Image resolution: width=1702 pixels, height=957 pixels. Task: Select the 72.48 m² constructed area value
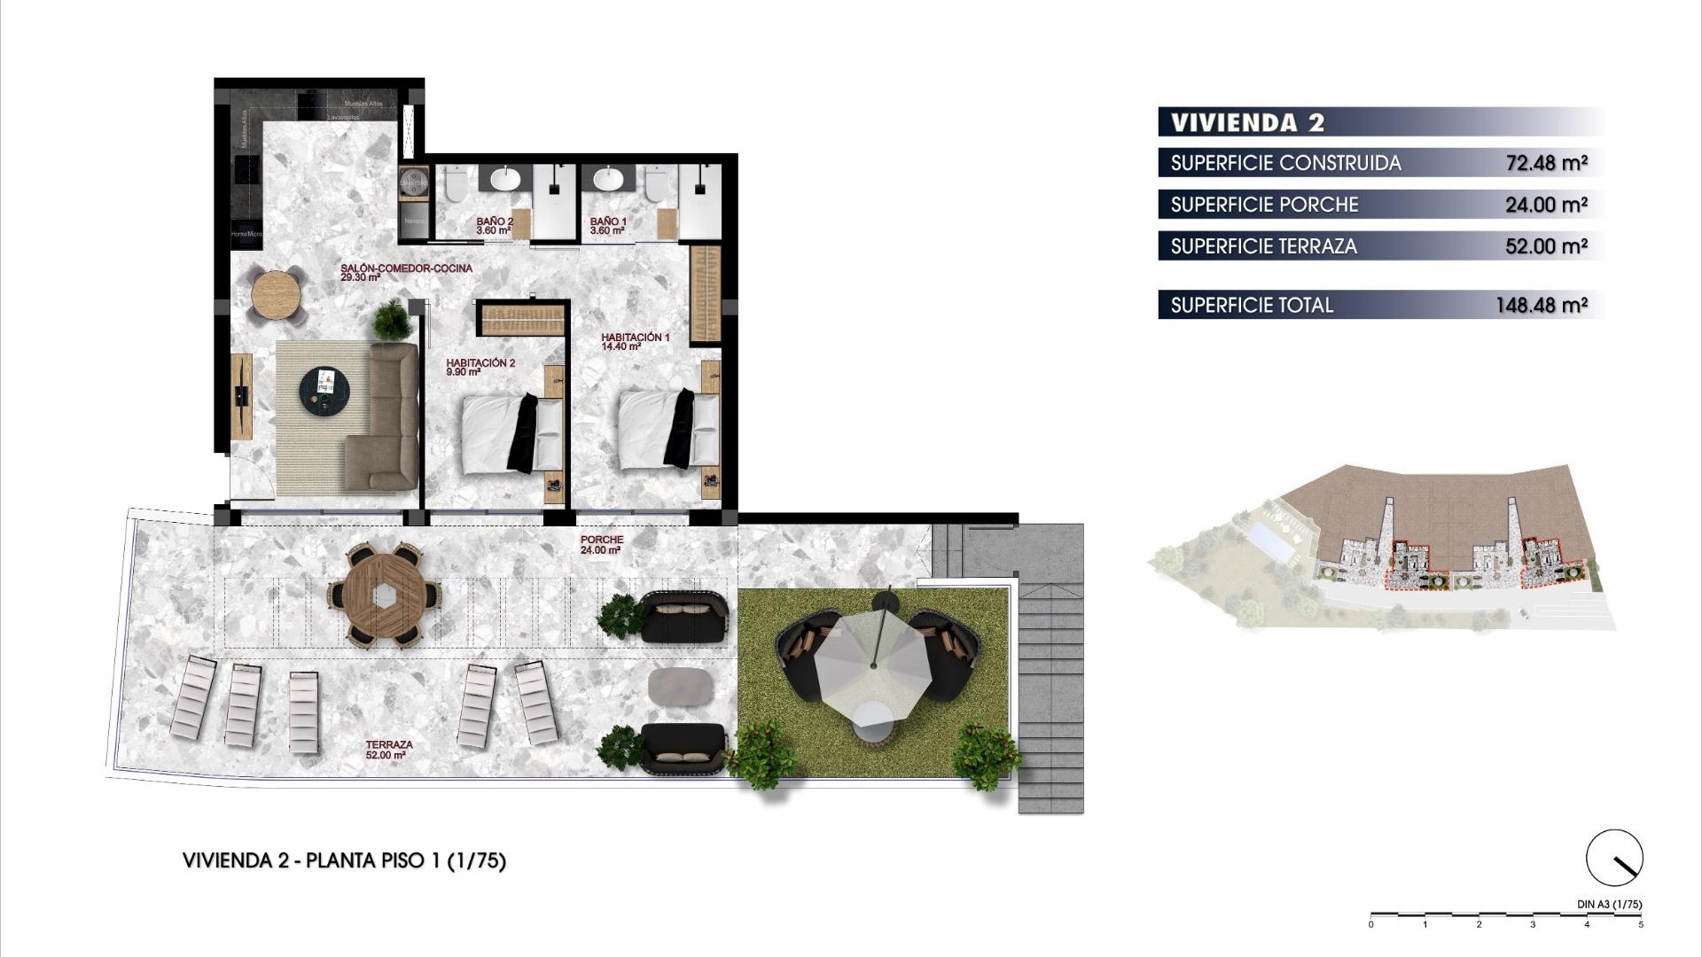pos(1546,163)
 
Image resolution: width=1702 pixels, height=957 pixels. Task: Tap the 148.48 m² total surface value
pos(1541,305)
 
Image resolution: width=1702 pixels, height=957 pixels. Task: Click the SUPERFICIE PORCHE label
pos(1264,205)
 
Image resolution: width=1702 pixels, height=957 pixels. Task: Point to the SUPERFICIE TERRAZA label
pos(1263,246)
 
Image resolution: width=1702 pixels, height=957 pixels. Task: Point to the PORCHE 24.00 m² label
pos(602,544)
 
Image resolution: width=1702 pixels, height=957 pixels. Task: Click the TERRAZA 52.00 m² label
pos(388,750)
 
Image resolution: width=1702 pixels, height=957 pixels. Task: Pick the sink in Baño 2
pos(505,180)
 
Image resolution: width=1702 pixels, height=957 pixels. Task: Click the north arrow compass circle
pos(1614,857)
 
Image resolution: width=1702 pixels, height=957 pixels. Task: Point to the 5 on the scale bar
pos(1640,925)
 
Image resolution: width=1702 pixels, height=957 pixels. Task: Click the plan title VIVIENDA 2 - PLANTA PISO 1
pos(344,860)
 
